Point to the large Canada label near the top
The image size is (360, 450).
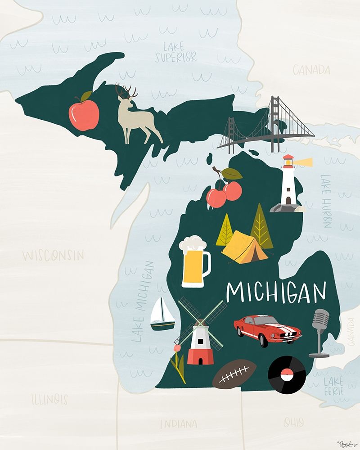(311, 70)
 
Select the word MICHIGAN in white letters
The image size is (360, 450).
(276, 292)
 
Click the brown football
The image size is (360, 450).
(234, 374)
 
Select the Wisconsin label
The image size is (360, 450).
(53, 256)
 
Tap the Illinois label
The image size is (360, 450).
(49, 399)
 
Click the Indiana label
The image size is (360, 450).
(178, 423)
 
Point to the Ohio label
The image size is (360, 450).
(293, 422)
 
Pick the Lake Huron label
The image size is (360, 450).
(326, 201)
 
